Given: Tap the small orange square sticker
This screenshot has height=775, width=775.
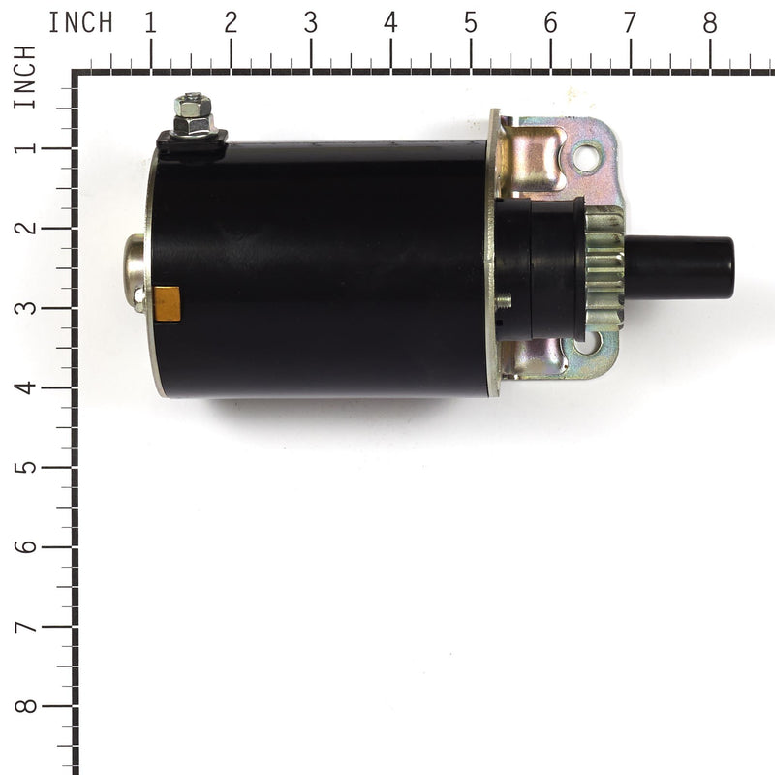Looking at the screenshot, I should [168, 303].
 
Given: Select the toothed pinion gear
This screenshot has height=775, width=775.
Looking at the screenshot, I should [604, 269].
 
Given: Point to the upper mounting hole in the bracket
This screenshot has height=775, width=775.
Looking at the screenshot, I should [586, 156].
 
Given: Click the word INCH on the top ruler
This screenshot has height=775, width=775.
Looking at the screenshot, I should [81, 21].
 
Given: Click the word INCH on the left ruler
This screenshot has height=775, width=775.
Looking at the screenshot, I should [25, 77].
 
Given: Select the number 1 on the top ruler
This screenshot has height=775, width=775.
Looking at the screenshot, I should [150, 21].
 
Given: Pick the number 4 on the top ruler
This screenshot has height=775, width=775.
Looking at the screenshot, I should [390, 21].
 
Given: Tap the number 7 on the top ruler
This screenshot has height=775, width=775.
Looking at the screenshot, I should [630, 21].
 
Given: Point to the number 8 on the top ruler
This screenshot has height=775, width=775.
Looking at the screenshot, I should [710, 21].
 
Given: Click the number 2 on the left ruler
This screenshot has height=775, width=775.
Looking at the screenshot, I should [26, 228].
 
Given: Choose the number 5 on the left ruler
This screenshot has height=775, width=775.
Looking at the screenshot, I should [26, 467].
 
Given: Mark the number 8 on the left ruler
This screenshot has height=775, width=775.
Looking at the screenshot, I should [26, 706].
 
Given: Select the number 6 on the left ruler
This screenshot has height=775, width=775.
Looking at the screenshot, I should [26, 546].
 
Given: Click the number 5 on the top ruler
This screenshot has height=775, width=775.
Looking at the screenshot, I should [470, 21].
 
